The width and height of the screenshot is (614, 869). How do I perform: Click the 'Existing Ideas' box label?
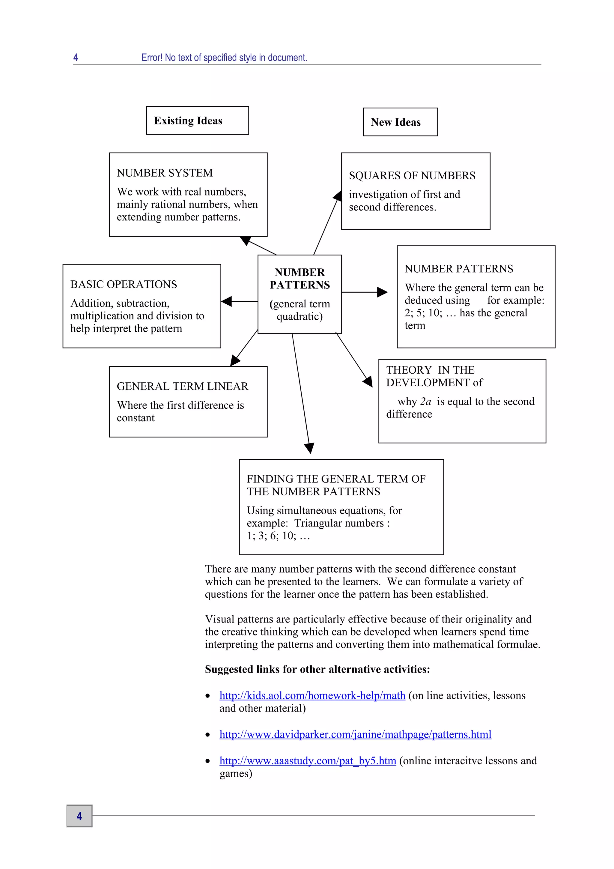coord(188,121)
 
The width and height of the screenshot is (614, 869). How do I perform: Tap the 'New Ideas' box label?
coord(395,122)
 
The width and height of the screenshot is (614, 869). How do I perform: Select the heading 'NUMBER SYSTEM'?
coord(165,173)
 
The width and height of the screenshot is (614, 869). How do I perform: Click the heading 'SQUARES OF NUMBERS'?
coord(412,176)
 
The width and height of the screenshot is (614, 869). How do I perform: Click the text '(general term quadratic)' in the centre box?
coord(299,310)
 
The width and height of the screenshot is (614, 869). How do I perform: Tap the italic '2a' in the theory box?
coord(426,402)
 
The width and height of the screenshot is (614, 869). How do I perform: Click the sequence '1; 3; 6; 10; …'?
coord(278,536)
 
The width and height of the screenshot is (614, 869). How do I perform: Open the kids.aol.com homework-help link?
coord(312,696)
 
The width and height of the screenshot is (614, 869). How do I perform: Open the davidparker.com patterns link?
coord(355,735)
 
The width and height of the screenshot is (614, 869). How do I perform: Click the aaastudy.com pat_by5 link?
coord(308,761)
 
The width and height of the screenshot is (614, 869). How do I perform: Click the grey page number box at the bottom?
coord(79,816)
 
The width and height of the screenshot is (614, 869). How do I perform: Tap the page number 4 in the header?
coord(76,58)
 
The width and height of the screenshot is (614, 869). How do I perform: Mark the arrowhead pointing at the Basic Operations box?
coord(227,301)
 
